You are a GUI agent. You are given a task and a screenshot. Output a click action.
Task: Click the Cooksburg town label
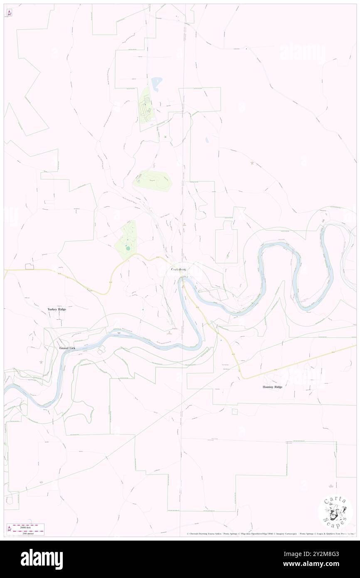[179, 269]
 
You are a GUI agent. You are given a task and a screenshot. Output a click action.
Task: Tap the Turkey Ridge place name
[57, 309]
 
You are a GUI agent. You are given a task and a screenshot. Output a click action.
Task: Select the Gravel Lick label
[67, 348]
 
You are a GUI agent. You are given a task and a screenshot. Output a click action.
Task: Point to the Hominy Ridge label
[272, 387]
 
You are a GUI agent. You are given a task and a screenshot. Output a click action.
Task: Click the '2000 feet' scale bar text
[29, 527]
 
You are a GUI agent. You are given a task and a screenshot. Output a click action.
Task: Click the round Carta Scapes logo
[335, 511]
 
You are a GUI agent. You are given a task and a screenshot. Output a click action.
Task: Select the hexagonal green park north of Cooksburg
[152, 181]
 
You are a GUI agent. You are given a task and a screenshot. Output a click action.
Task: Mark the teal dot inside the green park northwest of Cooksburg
[128, 249]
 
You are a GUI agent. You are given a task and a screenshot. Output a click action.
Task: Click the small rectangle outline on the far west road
[30, 266]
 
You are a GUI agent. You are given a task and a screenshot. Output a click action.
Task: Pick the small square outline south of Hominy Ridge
[235, 411]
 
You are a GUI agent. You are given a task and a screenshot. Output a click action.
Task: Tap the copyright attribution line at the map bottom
[270, 534]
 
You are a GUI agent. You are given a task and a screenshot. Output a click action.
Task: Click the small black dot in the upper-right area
[247, 49]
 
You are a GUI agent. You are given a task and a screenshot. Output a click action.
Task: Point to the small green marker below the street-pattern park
[165, 137]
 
